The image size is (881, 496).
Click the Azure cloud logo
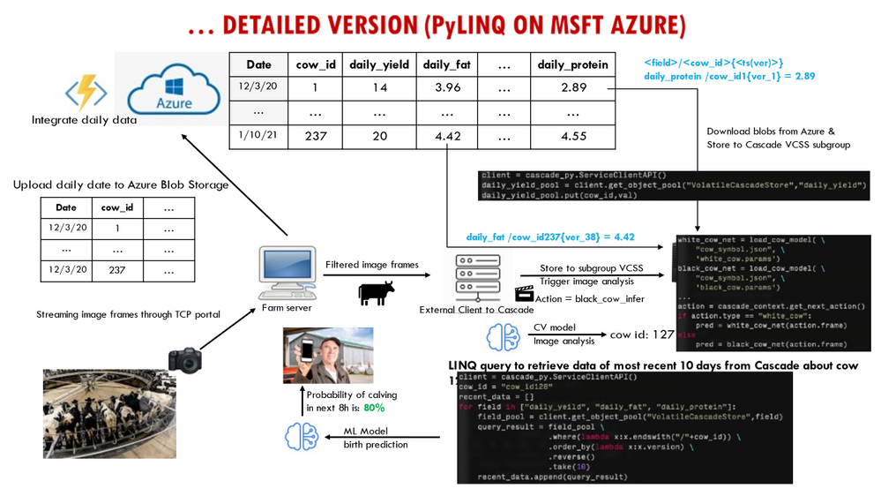click(173, 89)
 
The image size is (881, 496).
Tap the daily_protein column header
click(574, 64)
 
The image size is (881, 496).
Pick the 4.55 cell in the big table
click(574, 136)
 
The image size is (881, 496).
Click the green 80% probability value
click(375, 409)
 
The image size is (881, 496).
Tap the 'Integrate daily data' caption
click(84, 120)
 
